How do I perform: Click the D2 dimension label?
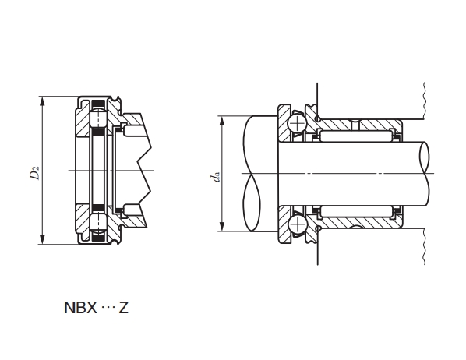pyautogui.click(x=34, y=173)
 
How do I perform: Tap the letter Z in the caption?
pyautogui.click(x=124, y=308)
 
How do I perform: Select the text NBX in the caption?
pyautogui.click(x=80, y=308)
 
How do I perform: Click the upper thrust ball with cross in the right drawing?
pyautogui.click(x=297, y=122)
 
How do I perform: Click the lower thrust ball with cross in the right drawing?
pyautogui.click(x=297, y=224)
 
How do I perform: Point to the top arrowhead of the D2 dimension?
pyautogui.click(x=42, y=101)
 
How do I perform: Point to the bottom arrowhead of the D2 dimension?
pyautogui.click(x=42, y=239)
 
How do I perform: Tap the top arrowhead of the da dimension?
pyautogui.click(x=222, y=121)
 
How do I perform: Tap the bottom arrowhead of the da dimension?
pyautogui.click(x=222, y=226)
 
